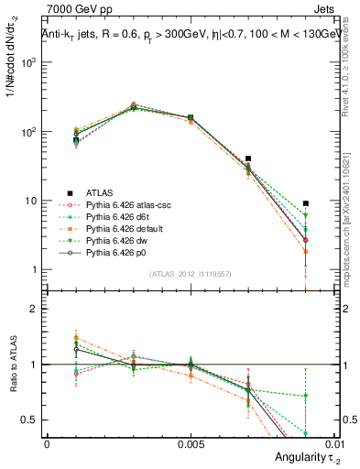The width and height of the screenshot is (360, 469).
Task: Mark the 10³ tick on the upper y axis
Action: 30,63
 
